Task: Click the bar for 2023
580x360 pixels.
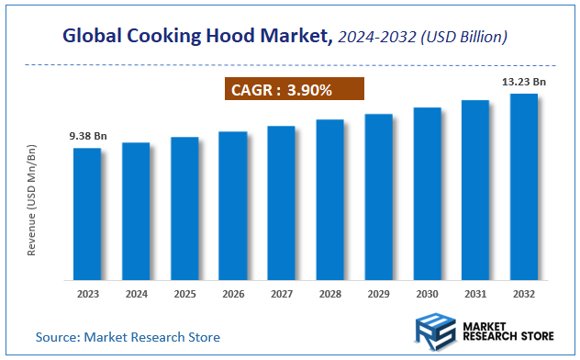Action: click(x=87, y=213)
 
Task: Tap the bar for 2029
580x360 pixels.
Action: click(x=378, y=197)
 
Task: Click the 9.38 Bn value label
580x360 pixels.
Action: click(x=88, y=136)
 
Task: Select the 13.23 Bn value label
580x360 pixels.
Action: click(x=524, y=82)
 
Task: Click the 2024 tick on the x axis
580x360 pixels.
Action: click(x=136, y=295)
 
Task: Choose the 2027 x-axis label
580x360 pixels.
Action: click(x=281, y=295)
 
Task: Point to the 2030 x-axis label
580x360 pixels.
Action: click(x=427, y=295)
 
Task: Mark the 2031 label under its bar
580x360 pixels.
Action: click(x=475, y=295)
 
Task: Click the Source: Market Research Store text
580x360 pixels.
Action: click(x=128, y=337)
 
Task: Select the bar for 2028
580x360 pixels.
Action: click(x=329, y=199)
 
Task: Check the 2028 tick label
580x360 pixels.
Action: click(x=329, y=295)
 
